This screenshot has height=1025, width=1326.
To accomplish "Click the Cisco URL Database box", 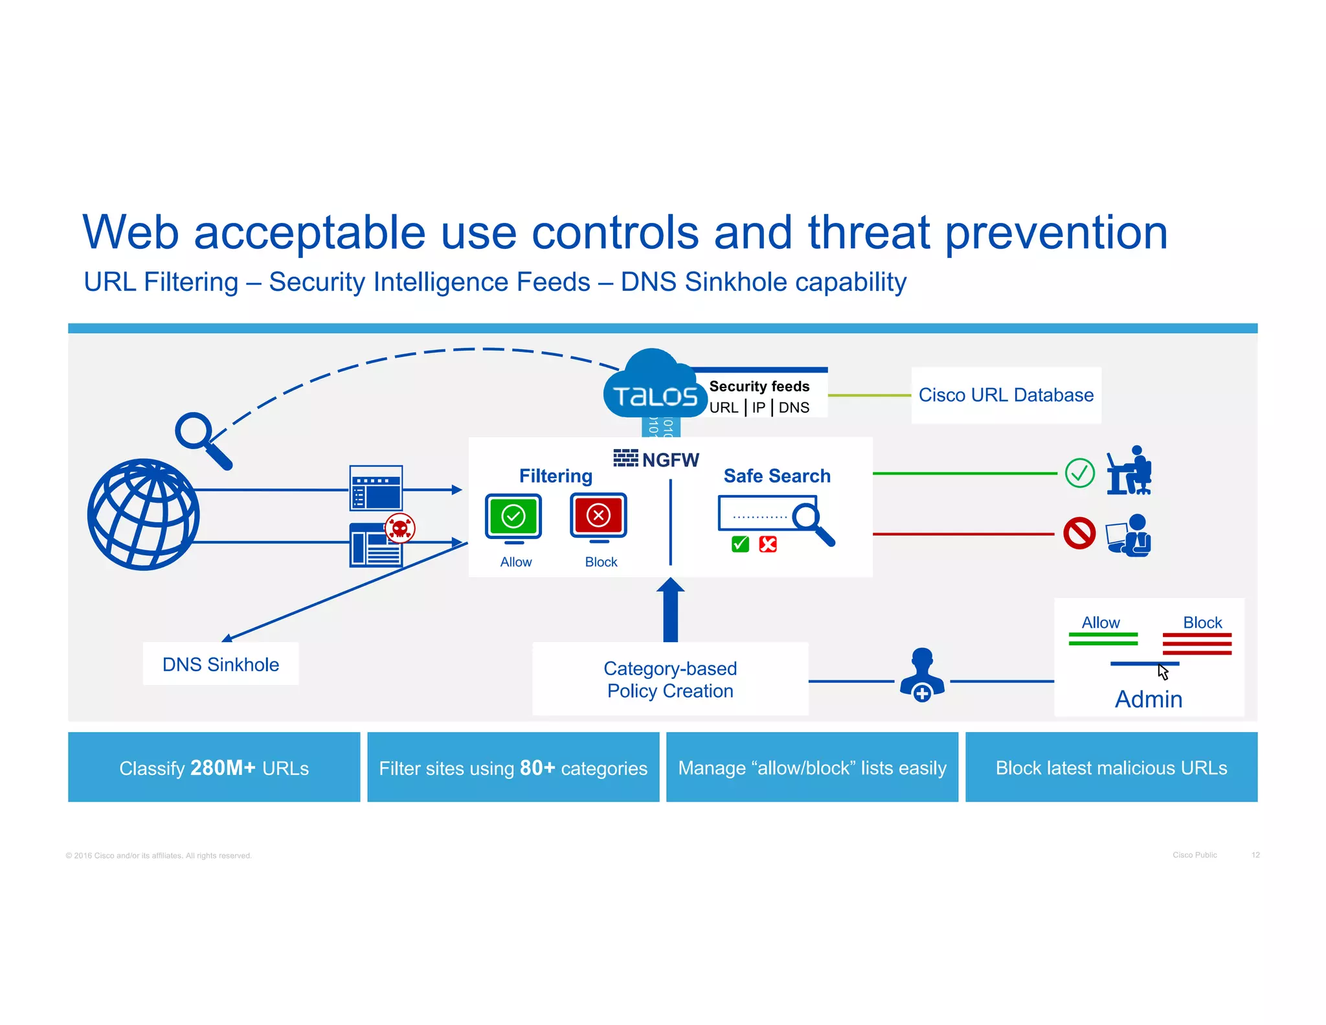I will click(x=1006, y=395).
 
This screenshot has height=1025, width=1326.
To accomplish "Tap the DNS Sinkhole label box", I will click(x=220, y=664).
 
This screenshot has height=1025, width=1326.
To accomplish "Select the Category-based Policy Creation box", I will click(x=670, y=679).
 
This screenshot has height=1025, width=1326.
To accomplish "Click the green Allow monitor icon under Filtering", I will click(x=513, y=517).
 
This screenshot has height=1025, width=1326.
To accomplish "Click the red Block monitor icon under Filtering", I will click(x=598, y=516).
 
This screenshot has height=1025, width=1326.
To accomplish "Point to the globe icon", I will click(x=144, y=514).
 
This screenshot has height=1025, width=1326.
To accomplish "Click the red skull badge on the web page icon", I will click(x=400, y=529).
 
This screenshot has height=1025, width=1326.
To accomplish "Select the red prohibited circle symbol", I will click(x=1079, y=533).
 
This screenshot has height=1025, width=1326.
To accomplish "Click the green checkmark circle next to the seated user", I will click(x=1080, y=473).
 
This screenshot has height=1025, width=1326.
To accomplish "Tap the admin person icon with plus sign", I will click(x=922, y=675).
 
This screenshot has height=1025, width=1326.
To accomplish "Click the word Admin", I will click(x=1148, y=699).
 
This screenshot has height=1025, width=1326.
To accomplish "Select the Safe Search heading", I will click(x=776, y=476).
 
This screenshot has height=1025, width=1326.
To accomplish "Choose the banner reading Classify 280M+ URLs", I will click(x=214, y=768).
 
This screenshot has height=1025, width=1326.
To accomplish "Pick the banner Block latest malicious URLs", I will click(x=1111, y=768).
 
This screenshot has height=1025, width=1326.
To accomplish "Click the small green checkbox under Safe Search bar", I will click(x=740, y=544).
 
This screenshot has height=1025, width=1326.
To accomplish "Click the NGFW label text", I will click(x=670, y=460).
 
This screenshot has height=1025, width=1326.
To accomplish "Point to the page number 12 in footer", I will click(x=1255, y=855).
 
